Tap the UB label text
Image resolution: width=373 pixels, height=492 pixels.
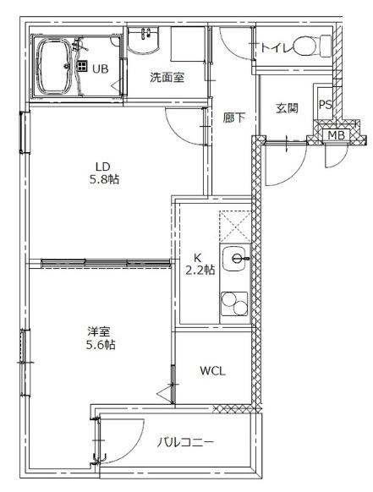100,68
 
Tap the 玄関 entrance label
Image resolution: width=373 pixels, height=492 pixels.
286,108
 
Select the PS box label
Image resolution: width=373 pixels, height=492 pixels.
325,106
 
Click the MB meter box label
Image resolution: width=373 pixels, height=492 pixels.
336,135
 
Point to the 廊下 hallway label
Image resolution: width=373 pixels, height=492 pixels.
234,118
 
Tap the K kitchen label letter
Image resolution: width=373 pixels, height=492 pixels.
197,257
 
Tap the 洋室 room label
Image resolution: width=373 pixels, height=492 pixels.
100,331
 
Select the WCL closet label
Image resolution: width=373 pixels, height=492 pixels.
212,370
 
